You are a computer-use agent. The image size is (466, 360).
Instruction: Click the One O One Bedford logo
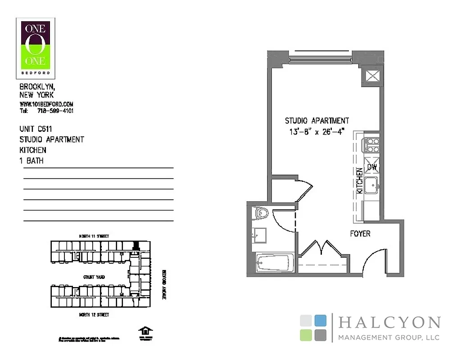[x=36, y=47]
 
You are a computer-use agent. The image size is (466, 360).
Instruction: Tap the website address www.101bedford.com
[x=46, y=104]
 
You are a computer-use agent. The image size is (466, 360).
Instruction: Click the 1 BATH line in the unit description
[x=32, y=160]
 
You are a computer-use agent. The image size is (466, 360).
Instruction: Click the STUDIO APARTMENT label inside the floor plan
[x=317, y=121]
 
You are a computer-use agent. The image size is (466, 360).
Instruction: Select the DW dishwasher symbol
[x=372, y=167]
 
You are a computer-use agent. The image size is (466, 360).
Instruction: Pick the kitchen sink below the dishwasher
[x=372, y=184]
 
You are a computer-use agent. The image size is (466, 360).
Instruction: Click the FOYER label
[x=360, y=234]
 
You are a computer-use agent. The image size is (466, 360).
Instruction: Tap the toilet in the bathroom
[x=261, y=212]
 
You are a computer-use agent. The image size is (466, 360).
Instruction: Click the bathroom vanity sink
[x=259, y=234]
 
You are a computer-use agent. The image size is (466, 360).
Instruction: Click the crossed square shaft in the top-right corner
[x=373, y=76]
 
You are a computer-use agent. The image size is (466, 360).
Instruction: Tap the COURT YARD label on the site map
[x=94, y=277]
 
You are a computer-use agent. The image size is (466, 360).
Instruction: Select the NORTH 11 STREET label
[x=94, y=236]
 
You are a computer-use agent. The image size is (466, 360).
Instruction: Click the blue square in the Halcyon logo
[x=320, y=320]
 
